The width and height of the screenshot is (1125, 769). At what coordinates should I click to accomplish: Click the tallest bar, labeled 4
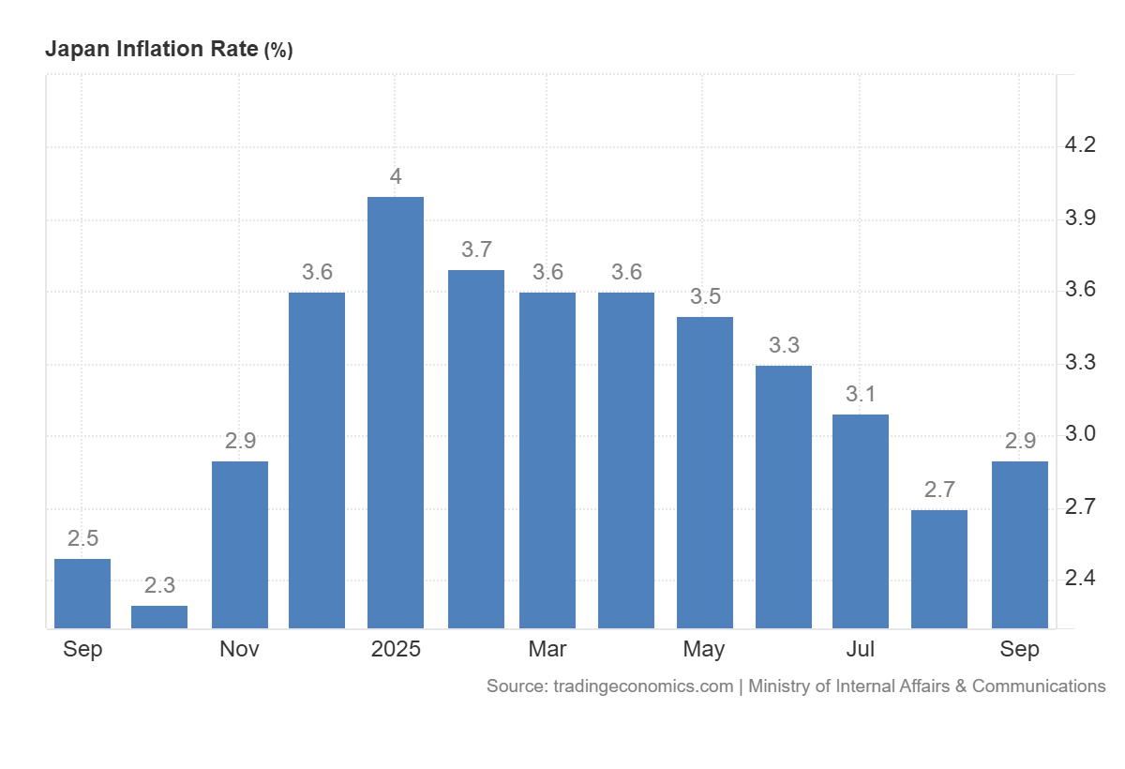(396, 413)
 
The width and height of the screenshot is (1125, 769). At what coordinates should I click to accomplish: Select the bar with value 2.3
(159, 617)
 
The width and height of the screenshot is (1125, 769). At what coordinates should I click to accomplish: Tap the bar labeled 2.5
(82, 594)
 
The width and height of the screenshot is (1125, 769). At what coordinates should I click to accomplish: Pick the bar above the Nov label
(240, 545)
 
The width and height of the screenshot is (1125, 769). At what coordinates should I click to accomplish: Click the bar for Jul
(861, 521)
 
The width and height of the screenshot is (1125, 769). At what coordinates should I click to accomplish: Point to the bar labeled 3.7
(476, 449)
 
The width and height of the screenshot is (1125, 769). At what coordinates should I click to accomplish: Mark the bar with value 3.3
(784, 497)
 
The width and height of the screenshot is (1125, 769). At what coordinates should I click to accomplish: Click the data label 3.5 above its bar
(705, 297)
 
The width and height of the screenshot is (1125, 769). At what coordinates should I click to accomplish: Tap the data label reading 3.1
(861, 395)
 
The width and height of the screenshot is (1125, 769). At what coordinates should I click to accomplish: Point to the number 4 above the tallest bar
(396, 176)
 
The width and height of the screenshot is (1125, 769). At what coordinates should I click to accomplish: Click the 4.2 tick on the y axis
(1080, 145)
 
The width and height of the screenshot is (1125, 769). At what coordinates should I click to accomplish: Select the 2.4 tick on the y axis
(1080, 579)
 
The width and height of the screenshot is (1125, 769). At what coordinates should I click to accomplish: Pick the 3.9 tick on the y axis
(1080, 219)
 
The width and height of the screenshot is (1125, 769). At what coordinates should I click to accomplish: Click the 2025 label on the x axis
(396, 650)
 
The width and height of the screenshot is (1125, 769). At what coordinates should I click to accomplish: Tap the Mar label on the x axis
(547, 650)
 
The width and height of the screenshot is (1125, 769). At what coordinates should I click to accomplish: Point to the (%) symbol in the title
(278, 51)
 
